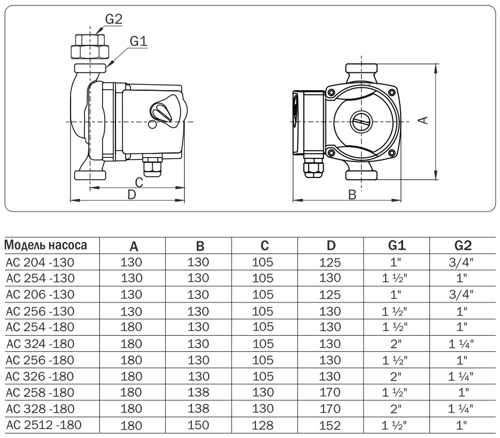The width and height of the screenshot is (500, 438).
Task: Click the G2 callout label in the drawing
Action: (x=113, y=19)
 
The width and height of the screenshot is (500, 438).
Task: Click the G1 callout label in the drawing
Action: (x=138, y=41)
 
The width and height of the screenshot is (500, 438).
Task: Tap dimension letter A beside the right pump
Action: (x=423, y=120)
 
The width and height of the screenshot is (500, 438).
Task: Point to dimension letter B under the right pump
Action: (x=352, y=194)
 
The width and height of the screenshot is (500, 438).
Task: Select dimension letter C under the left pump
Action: (x=138, y=182)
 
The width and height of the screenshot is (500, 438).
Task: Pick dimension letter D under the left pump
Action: (x=132, y=194)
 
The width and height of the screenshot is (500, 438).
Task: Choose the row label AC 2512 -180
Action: (x=42, y=424)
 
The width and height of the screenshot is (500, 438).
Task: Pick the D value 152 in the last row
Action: (x=331, y=425)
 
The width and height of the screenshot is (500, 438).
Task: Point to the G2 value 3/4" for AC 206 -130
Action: (x=461, y=294)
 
